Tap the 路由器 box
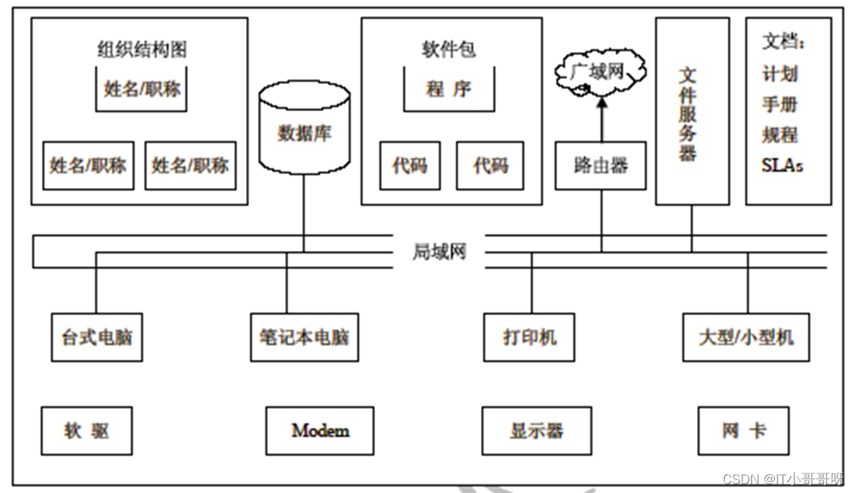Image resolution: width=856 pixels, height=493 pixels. [600, 166]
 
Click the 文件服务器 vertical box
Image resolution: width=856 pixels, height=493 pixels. [691, 111]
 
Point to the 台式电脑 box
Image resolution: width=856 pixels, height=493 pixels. [97, 338]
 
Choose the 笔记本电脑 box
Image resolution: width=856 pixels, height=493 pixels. [304, 338]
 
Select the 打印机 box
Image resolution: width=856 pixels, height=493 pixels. [529, 338]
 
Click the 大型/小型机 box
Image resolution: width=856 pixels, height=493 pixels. [745, 338]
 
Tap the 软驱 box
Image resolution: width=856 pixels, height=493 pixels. [86, 432]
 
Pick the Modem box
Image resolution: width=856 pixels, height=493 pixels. [320, 432]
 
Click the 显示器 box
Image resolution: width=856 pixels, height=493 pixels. [536, 432]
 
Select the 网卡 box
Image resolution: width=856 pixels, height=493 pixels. [743, 432]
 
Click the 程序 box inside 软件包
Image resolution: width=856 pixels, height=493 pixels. [449, 89]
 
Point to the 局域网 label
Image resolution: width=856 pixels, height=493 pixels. [439, 252]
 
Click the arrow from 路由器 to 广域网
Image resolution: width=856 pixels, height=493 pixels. [601, 121]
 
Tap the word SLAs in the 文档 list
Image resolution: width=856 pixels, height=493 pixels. [782, 166]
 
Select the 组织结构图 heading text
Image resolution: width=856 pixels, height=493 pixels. [142, 50]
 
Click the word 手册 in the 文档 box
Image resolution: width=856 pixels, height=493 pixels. [780, 105]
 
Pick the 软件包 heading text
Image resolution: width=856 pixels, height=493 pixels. [449, 50]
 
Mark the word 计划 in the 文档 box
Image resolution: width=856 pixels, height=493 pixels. [780, 74]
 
